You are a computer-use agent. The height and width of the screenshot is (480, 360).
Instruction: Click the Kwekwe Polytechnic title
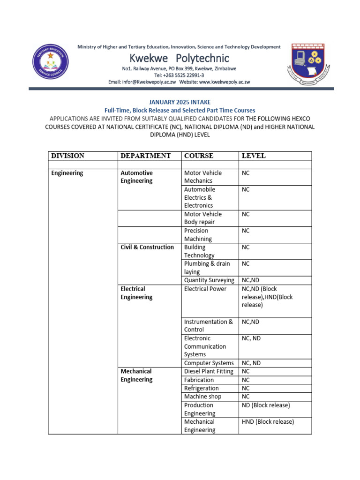coord(180,58)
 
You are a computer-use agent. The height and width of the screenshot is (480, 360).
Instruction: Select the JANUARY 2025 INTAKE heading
coord(180,102)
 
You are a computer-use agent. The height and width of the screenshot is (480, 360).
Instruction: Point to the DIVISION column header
coord(68,156)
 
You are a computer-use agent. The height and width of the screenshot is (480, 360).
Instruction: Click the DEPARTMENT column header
coord(145,156)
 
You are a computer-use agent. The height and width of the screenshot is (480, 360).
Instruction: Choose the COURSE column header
coord(199,156)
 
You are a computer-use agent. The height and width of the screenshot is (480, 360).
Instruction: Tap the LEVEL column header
coord(253,156)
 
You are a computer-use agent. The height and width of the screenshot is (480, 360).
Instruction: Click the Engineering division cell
coord(67,173)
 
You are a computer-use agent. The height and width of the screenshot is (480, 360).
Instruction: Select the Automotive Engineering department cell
coord(137,177)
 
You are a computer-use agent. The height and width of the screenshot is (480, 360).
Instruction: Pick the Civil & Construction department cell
coord(147,247)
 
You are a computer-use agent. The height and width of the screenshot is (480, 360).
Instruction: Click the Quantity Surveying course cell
coord(209,280)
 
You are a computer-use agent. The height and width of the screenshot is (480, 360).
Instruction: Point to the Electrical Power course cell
coord(205,289)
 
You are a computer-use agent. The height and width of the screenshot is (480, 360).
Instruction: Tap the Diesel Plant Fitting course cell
coord(209,371)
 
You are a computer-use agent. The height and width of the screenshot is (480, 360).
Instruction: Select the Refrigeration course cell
coord(202,388)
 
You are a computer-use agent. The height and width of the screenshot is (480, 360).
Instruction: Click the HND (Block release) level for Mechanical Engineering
coord(268,421)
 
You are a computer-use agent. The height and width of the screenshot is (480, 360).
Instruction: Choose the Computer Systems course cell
coord(209,363)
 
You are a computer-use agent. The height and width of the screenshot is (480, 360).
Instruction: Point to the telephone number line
coord(179,75)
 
